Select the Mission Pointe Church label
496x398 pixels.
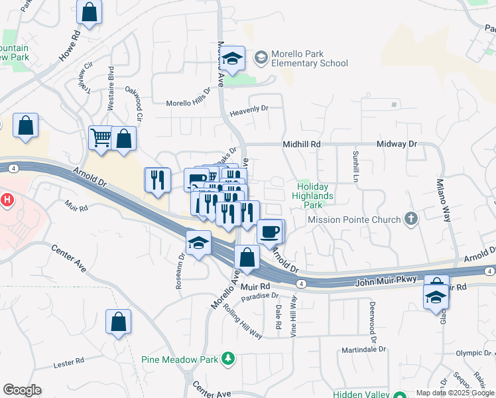355,220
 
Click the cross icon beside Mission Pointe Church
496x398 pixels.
411,219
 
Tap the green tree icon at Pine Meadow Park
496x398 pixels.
228,359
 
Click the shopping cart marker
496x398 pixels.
101,138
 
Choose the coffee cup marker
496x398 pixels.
269,232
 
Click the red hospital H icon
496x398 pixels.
7,199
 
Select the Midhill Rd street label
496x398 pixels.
302,144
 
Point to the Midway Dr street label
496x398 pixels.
397,144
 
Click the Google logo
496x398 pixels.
22,390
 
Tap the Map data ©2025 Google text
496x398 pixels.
454,393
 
